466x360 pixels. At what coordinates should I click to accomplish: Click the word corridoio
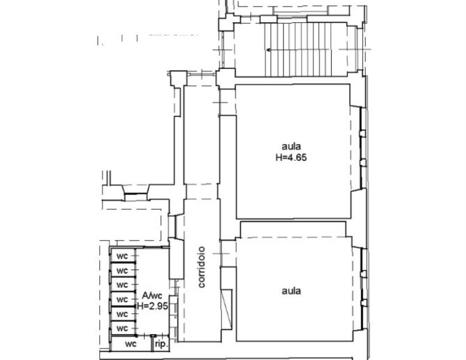click(202, 267)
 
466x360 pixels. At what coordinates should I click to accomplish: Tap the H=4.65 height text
click(291, 157)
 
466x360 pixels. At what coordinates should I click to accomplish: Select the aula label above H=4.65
click(291, 146)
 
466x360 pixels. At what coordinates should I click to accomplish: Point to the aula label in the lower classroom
click(291, 291)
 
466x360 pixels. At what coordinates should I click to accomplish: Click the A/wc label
click(152, 295)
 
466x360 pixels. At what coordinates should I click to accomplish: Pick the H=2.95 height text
click(152, 306)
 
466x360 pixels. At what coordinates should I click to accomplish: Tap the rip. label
click(161, 345)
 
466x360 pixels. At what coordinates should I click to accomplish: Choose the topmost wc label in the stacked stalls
click(122, 256)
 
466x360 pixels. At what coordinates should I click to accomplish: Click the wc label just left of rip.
click(131, 344)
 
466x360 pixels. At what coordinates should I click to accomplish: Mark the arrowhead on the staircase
click(268, 50)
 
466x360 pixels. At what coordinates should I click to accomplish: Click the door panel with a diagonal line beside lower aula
click(227, 309)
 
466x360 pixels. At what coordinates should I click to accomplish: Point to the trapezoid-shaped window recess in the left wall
click(136, 193)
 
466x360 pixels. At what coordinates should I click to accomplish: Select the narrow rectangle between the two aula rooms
click(293, 229)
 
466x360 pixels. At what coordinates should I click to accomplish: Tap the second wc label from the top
click(122, 271)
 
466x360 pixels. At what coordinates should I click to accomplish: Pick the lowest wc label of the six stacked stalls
click(122, 328)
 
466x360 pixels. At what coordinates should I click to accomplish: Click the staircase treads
click(298, 50)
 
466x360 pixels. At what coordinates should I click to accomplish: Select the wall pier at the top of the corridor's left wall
click(179, 79)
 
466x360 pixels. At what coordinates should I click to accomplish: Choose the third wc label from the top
click(122, 285)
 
